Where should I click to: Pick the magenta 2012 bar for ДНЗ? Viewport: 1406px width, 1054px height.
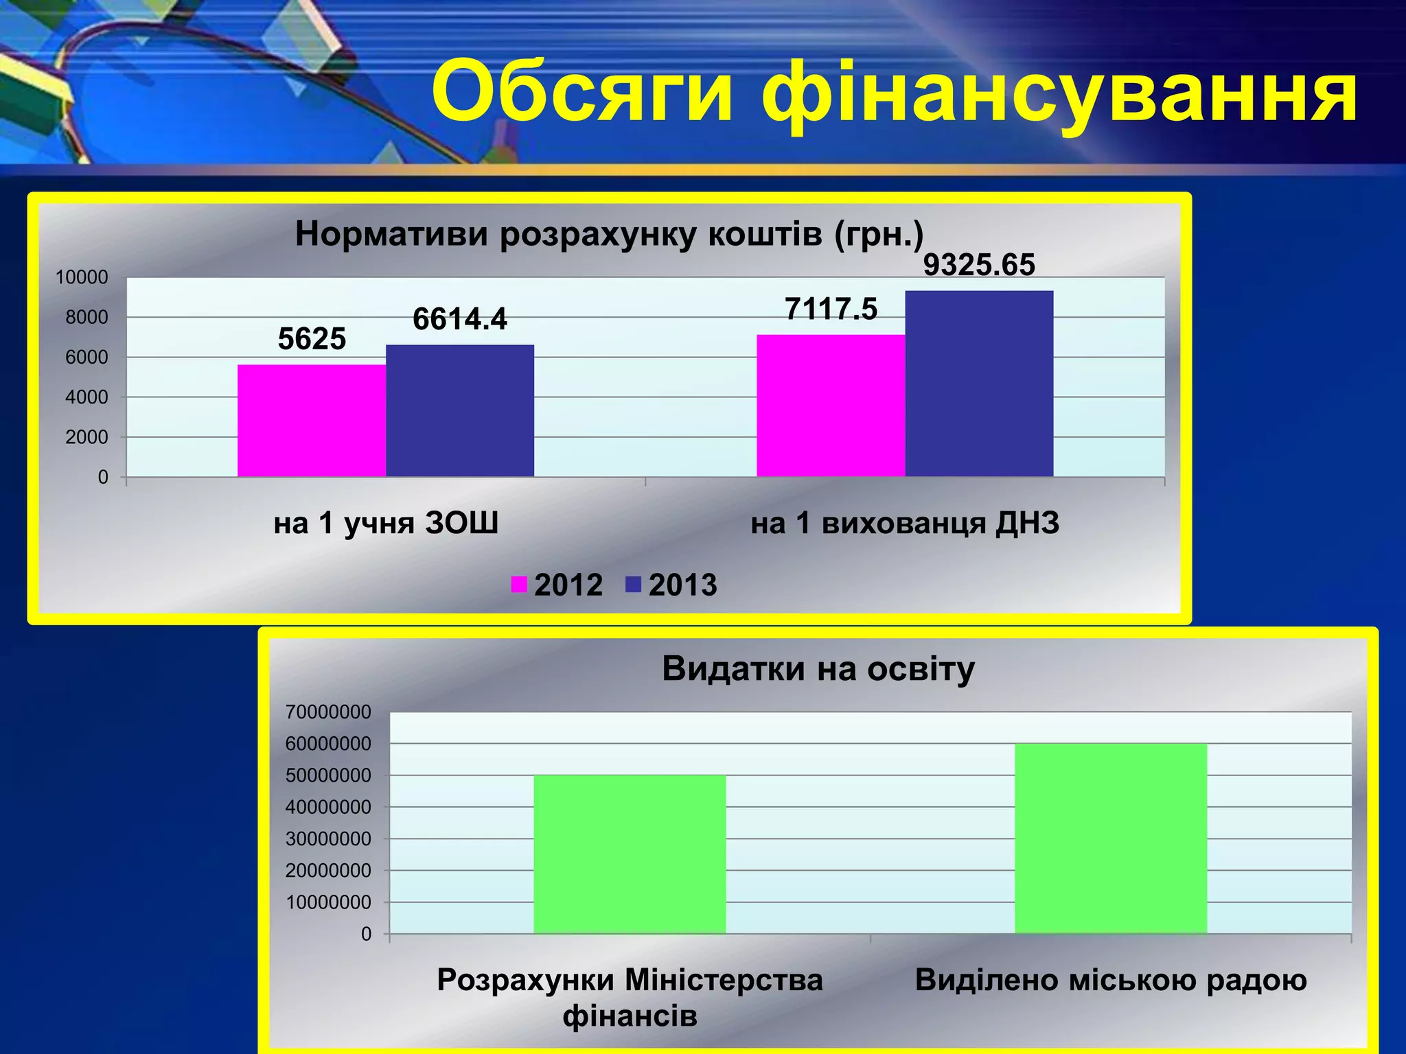tap(831, 406)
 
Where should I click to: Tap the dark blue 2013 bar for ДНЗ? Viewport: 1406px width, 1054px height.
tap(979, 384)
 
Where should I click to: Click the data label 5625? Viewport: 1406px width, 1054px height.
tap(312, 339)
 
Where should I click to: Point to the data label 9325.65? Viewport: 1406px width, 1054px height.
tap(978, 265)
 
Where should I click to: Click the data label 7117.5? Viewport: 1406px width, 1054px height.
tap(831, 309)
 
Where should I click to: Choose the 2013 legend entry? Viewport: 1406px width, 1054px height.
tap(671, 585)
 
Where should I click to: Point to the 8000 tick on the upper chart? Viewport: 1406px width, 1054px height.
tap(87, 317)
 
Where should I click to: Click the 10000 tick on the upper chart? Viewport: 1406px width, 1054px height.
tap(82, 277)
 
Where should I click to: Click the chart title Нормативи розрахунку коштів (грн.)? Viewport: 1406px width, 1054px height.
tap(609, 235)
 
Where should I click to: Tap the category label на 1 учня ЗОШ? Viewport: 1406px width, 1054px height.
tap(386, 523)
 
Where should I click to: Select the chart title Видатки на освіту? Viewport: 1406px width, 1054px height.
tap(818, 668)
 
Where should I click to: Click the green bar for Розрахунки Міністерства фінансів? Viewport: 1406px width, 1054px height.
tap(630, 854)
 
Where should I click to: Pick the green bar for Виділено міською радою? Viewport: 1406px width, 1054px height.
tap(1110, 839)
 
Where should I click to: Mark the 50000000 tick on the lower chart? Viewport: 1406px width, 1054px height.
tap(328, 775)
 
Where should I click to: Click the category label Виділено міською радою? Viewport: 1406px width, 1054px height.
tap(1110, 980)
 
